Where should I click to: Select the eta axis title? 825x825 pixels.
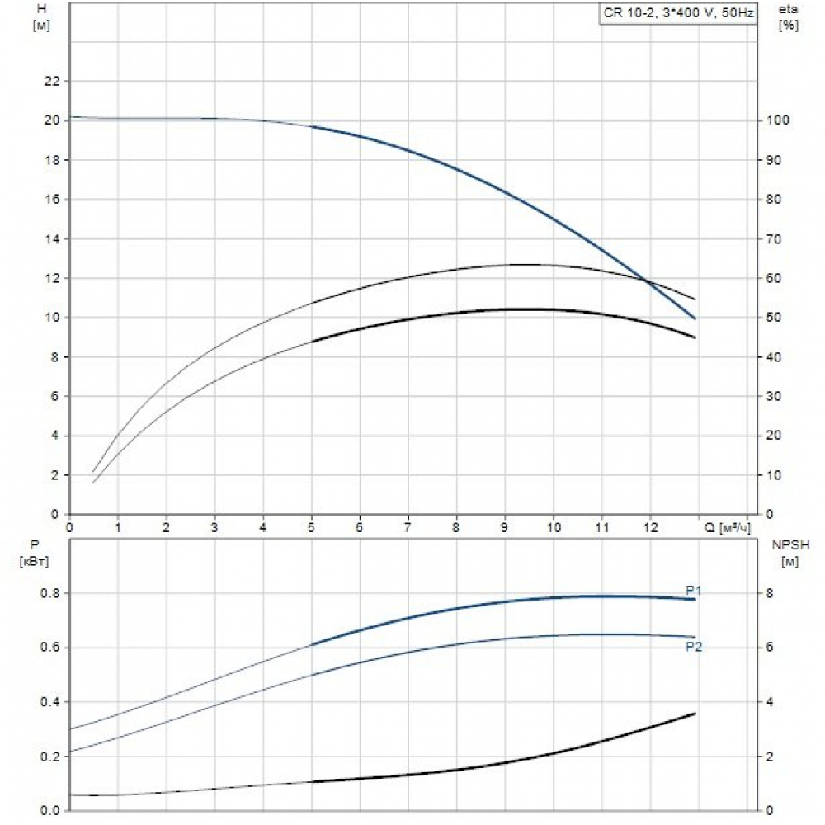click(789, 16)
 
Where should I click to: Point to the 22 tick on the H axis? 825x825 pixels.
click(52, 81)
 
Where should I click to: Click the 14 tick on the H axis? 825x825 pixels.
click(52, 239)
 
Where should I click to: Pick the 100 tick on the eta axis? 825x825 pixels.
click(780, 120)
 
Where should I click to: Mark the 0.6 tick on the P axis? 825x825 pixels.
click(50, 648)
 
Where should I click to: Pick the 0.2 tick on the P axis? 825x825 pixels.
click(50, 757)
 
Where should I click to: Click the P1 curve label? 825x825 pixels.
click(694, 590)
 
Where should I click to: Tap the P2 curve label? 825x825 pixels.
click(694, 647)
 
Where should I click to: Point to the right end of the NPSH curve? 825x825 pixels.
click(696, 714)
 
